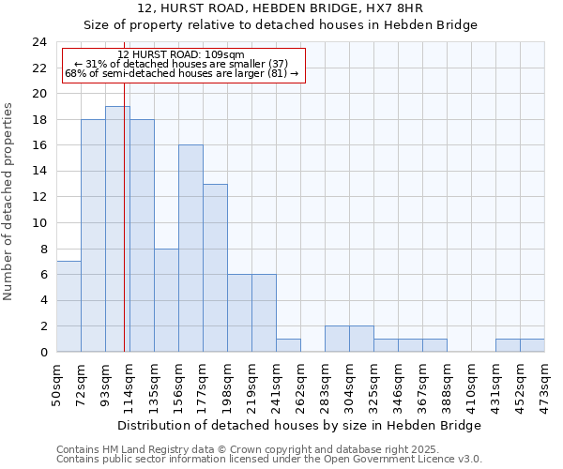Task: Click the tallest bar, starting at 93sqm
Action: [x=117, y=229]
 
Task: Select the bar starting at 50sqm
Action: [x=68, y=307]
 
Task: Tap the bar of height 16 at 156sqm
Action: [x=190, y=249]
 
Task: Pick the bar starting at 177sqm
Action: [x=215, y=268]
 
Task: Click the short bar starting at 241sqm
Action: [x=288, y=345]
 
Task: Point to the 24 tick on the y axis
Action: [x=39, y=42]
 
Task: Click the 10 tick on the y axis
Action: [x=39, y=223]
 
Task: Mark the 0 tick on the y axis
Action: [x=43, y=353]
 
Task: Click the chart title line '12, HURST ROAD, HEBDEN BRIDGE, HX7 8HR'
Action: [x=281, y=8]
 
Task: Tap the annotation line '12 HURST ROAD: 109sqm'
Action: [x=181, y=55]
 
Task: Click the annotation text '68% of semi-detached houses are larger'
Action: [x=181, y=73]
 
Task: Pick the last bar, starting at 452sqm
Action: [x=532, y=345]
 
